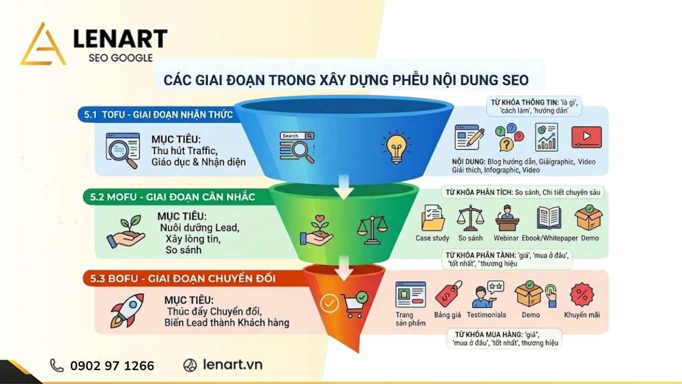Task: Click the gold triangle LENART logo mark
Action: pyautogui.click(x=43, y=45)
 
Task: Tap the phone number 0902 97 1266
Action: pyautogui.click(x=112, y=366)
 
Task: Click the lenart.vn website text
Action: pyautogui.click(x=232, y=365)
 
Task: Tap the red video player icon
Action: pyautogui.click(x=586, y=137)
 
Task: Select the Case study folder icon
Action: pyautogui.click(x=433, y=219)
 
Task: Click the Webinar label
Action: pyautogui.click(x=506, y=238)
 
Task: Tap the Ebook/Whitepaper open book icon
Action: pyautogui.click(x=549, y=218)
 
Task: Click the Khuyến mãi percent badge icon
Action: pyautogui.click(x=582, y=294)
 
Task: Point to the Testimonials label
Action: pyautogui.click(x=486, y=315)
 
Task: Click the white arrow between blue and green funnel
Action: pyautogui.click(x=344, y=190)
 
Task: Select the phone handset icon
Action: pyautogui.click(x=56, y=365)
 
